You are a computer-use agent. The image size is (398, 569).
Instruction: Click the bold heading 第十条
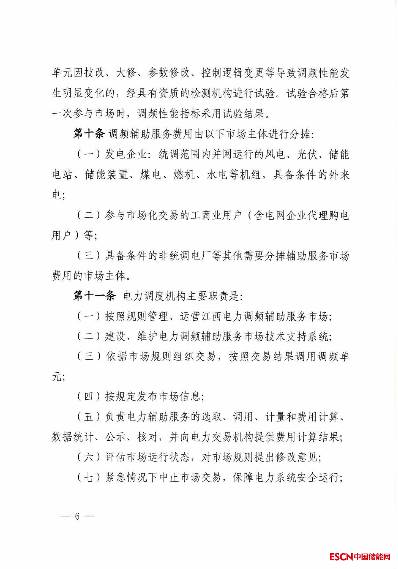coord(89,134)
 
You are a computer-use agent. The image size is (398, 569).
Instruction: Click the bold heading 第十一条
coord(94,296)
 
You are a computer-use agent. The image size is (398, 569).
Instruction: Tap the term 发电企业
coord(126,154)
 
